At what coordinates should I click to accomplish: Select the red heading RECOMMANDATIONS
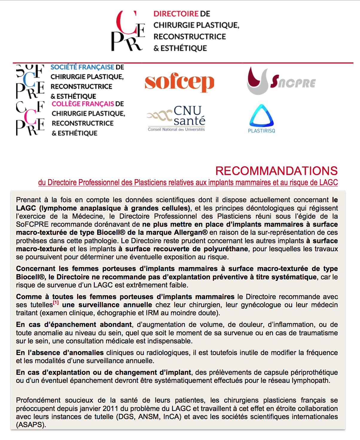pyautogui.click(x=276, y=171)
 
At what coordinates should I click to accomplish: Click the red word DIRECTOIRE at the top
pyautogui.click(x=176, y=14)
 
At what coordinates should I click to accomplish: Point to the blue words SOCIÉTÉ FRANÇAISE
pyautogui.click(x=82, y=67)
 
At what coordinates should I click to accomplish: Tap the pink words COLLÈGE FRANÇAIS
pyautogui.click(x=83, y=104)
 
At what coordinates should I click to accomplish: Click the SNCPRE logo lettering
pyautogui.click(x=293, y=82)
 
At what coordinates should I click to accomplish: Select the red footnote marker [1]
pyautogui.click(x=56, y=303)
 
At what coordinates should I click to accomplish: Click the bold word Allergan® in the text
pyautogui.click(x=190, y=232)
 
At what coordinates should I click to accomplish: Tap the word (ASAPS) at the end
pyautogui.click(x=31, y=425)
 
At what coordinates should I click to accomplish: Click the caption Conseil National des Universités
pyautogui.click(x=176, y=130)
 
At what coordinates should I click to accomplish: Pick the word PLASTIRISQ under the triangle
pyautogui.click(x=261, y=131)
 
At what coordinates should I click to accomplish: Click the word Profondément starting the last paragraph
pyautogui.click(x=38, y=400)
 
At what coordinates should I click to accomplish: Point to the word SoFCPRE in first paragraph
pyautogui.click(x=31, y=224)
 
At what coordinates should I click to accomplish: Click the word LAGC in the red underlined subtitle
pyautogui.click(x=328, y=182)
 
